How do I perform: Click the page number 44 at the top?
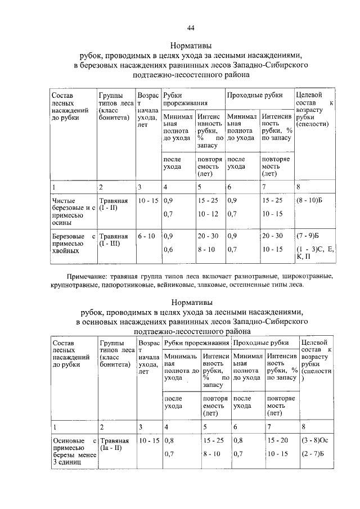point(190,29)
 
